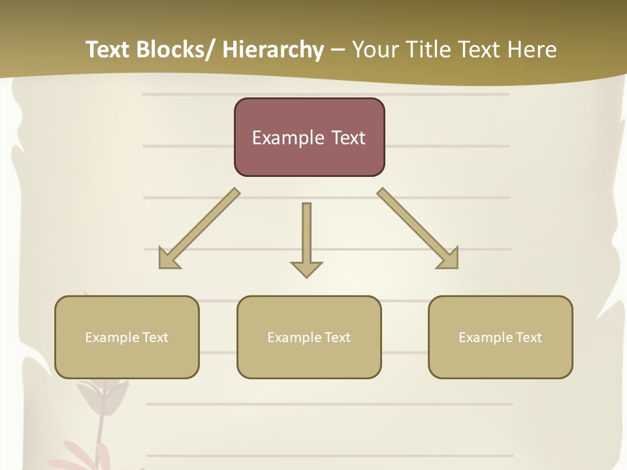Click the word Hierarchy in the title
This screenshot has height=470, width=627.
click(x=273, y=50)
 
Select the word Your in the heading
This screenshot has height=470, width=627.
click(x=374, y=50)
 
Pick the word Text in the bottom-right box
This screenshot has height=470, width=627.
click(x=528, y=337)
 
